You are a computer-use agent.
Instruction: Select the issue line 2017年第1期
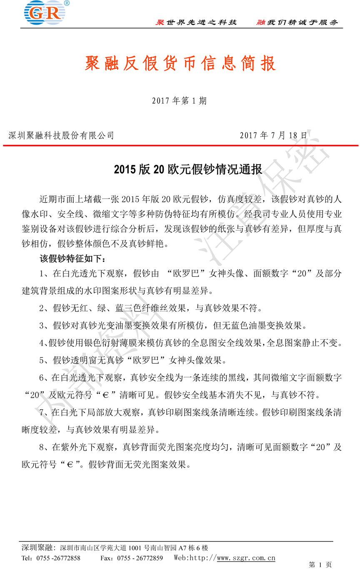(179, 101)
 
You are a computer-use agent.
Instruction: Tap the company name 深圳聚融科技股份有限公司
(61, 135)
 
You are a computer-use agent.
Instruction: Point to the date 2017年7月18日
(274, 135)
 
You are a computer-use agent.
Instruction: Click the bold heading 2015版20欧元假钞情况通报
(188, 170)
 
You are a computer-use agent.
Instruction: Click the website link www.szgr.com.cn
(246, 558)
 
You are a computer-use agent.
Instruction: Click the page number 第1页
(320, 565)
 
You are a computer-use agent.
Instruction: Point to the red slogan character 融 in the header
(261, 23)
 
